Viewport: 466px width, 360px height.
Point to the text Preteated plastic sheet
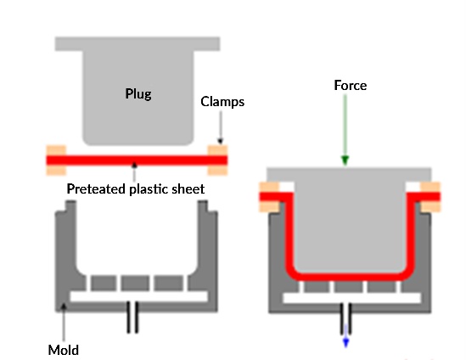point(136,188)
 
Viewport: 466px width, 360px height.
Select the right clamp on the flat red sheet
point(216,157)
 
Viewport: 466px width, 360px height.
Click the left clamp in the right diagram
point(269,196)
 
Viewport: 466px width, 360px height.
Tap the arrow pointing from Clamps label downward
point(220,127)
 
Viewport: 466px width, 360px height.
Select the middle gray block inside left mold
point(136,281)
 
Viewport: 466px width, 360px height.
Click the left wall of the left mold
point(61,255)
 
